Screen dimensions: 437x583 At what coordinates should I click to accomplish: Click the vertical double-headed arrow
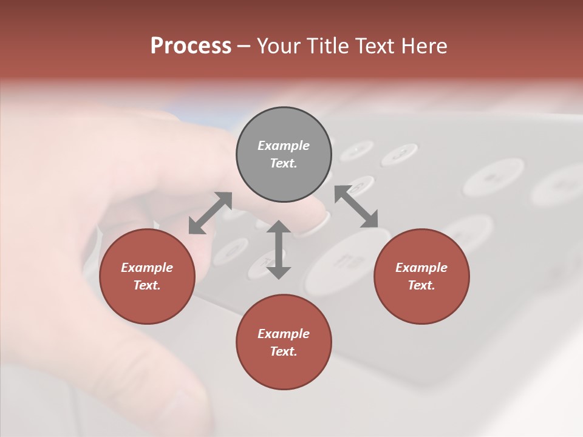279,249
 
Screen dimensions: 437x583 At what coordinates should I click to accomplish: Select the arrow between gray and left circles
210,213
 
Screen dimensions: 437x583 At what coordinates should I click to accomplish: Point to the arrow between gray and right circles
356,207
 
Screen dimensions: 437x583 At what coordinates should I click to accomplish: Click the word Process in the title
191,46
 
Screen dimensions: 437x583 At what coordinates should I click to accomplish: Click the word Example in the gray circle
284,146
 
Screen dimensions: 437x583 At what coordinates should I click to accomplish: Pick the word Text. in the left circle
147,285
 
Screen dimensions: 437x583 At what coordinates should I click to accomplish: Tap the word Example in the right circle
421,268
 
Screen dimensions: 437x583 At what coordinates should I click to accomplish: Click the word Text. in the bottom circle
284,351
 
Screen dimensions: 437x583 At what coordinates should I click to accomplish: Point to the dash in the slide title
244,46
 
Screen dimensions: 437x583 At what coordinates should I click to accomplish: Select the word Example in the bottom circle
284,334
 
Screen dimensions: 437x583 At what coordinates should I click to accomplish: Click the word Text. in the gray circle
284,163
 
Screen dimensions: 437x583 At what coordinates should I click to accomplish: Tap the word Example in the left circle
147,268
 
